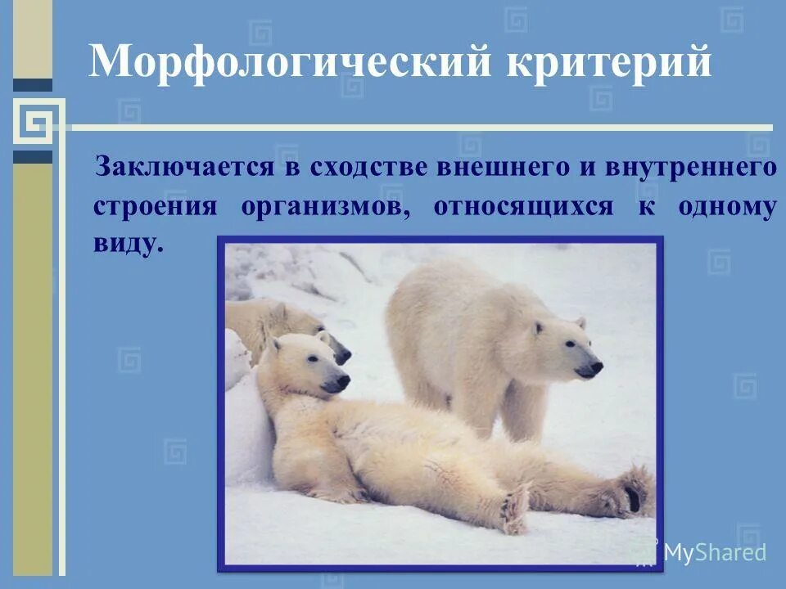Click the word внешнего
(484, 168)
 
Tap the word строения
(156, 206)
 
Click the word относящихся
(523, 206)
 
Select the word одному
(727, 206)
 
